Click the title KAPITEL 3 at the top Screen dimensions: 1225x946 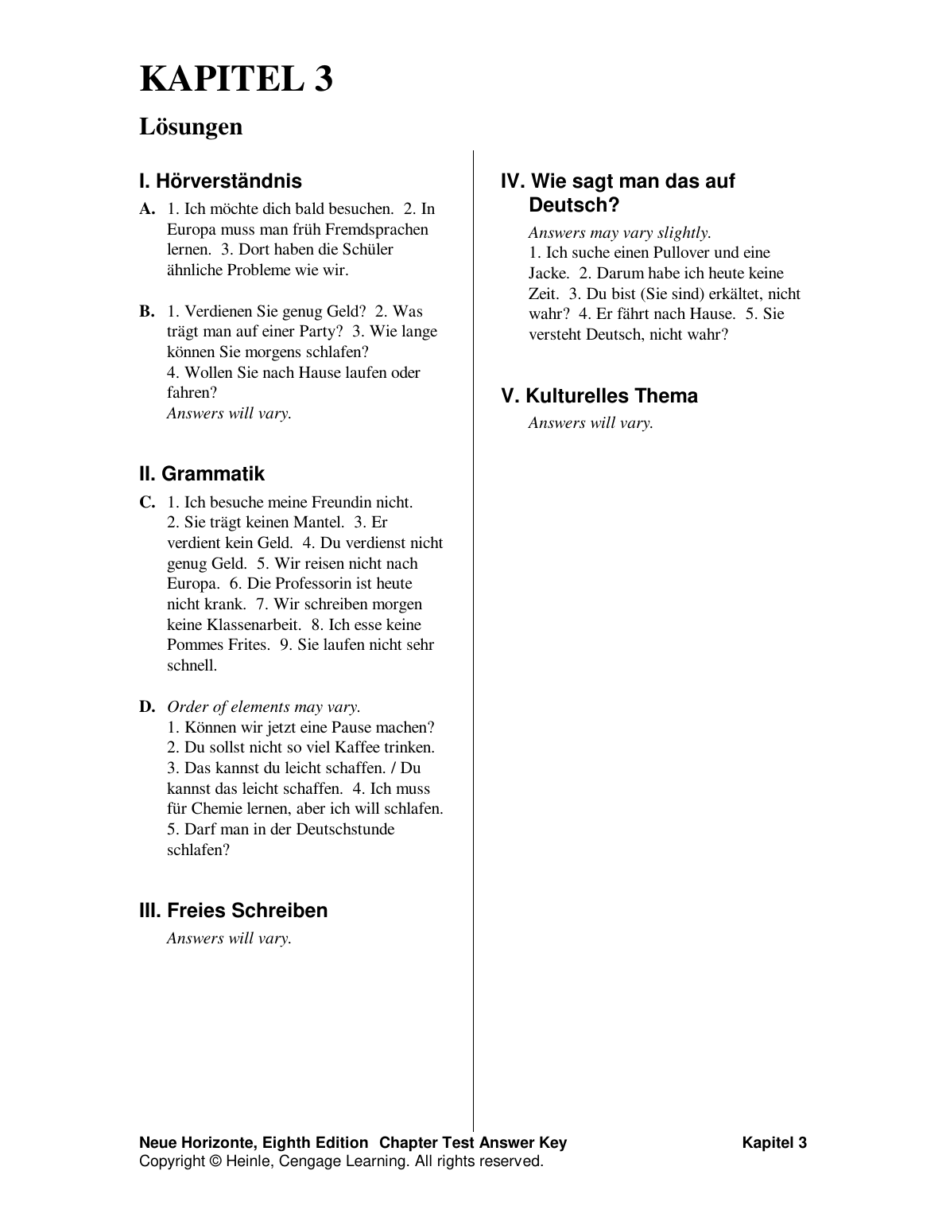click(x=236, y=80)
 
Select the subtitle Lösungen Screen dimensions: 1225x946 click(x=191, y=126)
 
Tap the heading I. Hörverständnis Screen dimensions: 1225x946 click(x=220, y=181)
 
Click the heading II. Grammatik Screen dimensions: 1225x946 click(x=201, y=474)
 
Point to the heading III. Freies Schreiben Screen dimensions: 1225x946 click(x=233, y=911)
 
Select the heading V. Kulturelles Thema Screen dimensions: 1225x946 click(x=599, y=396)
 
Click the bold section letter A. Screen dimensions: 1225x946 click(x=146, y=209)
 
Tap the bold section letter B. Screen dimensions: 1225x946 click(x=146, y=311)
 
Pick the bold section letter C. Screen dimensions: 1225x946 click(x=146, y=502)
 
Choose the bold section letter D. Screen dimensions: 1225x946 click(x=146, y=706)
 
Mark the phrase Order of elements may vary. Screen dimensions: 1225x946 click(x=263, y=706)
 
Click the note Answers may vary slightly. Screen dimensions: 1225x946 click(x=619, y=233)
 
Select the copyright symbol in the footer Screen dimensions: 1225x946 click(x=215, y=1161)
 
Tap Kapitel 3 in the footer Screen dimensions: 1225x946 click(x=774, y=1143)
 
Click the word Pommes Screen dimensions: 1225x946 click(x=192, y=645)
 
